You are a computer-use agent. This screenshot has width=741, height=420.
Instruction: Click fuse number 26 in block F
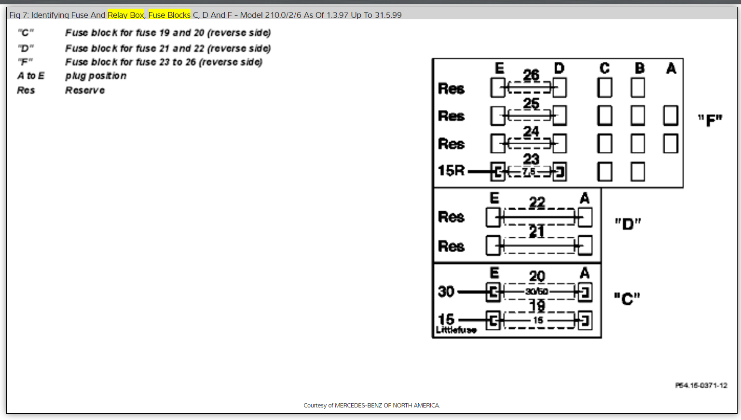tap(531, 75)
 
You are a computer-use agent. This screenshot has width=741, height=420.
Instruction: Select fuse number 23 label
tap(531, 159)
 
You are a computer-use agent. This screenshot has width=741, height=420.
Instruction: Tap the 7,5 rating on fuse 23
tap(529, 172)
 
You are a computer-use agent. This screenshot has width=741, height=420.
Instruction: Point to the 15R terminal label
tap(451, 171)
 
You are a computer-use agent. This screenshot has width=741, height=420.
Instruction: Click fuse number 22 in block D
tap(537, 203)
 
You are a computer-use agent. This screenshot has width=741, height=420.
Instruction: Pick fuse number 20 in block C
tap(537, 276)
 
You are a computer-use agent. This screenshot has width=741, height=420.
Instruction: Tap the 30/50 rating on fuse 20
tap(537, 291)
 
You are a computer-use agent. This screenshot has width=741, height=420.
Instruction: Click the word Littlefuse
tap(456, 330)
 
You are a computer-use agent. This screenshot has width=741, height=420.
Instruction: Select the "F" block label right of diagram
tap(710, 120)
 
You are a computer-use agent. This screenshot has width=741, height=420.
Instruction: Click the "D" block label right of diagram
tap(628, 224)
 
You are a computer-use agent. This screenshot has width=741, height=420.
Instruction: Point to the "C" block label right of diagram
tap(627, 298)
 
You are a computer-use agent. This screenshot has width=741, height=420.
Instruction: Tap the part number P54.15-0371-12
tap(701, 385)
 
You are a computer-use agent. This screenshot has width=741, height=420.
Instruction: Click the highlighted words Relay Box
tap(125, 15)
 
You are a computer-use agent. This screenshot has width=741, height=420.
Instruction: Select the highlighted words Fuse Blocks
tap(169, 15)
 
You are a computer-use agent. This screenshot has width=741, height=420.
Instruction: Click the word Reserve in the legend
tap(85, 90)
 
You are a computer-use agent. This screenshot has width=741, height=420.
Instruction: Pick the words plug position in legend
tap(96, 76)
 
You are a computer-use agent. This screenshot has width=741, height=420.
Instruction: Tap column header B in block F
tap(640, 68)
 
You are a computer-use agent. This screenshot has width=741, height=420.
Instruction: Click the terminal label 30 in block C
tap(446, 291)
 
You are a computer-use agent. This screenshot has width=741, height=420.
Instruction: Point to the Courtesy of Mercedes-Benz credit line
tap(371, 406)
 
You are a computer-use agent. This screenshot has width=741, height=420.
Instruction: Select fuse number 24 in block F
tap(531, 131)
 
